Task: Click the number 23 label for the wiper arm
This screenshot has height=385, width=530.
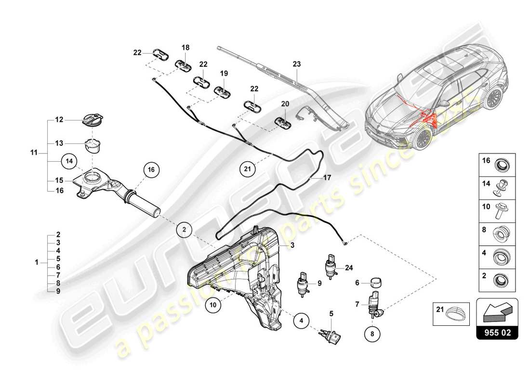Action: [296, 64]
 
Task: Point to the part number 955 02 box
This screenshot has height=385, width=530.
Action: [497, 332]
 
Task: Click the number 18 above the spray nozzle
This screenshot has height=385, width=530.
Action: [185, 47]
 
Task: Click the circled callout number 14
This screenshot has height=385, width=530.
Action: [69, 162]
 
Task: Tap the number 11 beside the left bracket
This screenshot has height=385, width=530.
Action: [34, 153]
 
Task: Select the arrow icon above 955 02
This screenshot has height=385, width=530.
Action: [497, 312]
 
